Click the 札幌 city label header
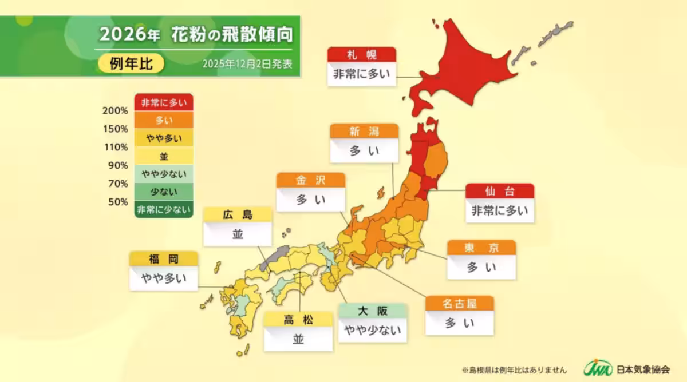361,54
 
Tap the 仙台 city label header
499,191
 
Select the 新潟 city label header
364,131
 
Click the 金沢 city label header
310,180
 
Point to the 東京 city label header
481,248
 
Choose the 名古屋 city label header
459,303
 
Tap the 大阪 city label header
372,311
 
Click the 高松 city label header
298,319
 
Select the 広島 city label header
237,214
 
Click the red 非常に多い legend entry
164,102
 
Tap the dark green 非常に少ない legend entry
164,210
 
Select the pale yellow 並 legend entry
164,156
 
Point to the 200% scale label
115,110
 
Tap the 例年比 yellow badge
131,63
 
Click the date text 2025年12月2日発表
247,64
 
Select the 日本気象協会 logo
626,368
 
